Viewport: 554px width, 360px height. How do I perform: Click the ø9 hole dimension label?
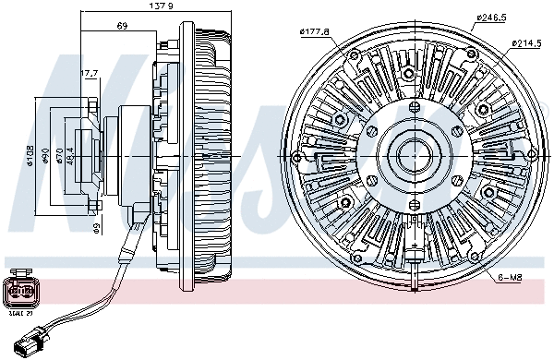pos(94,224)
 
